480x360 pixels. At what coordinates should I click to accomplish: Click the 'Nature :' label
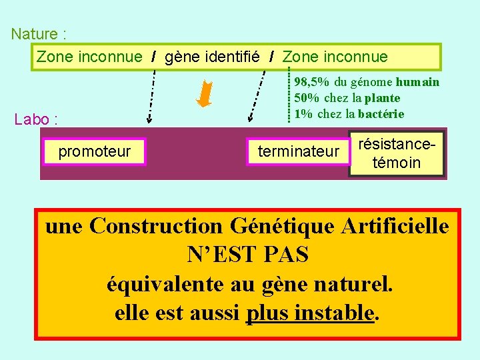pos(38,33)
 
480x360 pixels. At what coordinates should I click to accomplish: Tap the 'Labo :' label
pos(36,120)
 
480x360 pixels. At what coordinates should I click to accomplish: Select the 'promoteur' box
pos(95,151)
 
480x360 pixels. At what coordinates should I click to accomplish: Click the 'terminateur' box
pos(298,152)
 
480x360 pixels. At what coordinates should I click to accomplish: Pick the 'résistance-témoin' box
pos(397,153)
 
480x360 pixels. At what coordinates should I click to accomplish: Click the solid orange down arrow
pos(204,94)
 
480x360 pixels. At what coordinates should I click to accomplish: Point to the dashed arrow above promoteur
pos(151,97)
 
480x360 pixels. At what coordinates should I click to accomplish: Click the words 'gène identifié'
pos(211,57)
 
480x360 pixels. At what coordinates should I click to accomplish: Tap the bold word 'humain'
pos(417,82)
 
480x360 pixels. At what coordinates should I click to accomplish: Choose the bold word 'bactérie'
pos(380,113)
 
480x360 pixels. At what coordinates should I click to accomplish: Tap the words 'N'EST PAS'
pos(248,255)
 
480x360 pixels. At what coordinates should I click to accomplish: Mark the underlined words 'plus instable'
pos(309,312)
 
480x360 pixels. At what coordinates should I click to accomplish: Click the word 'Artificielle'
pos(395,226)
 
